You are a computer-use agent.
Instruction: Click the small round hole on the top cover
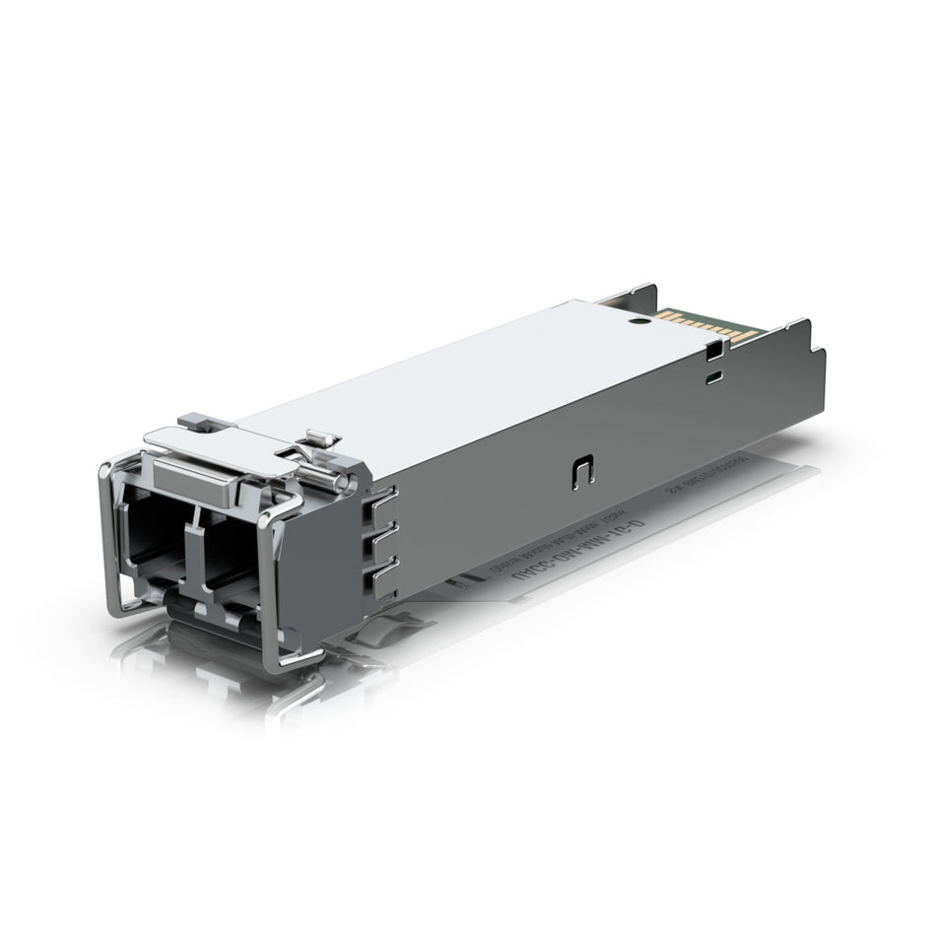(637, 320)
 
